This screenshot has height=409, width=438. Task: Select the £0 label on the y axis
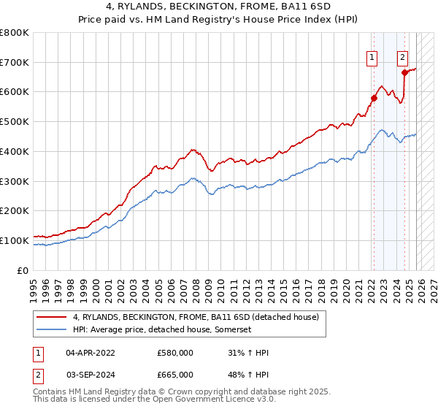click(x=24, y=270)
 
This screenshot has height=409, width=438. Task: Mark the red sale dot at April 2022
click(x=373, y=98)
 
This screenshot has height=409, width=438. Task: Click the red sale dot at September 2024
click(x=404, y=72)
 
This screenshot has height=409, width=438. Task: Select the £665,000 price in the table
click(x=175, y=374)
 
